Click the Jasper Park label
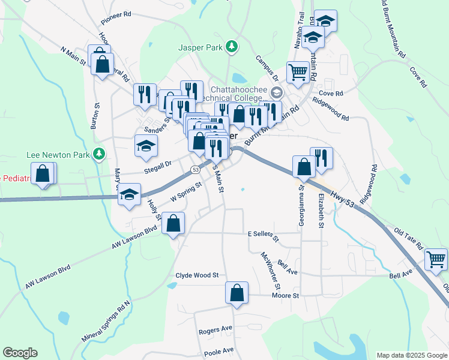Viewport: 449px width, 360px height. (200, 47)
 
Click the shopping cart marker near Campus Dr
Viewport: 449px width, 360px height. (298, 73)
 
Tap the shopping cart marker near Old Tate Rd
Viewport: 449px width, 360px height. (436, 260)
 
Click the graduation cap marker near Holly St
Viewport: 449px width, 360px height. (129, 194)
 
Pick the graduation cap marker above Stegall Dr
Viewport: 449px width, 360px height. (146, 146)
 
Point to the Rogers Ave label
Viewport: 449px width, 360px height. (215, 331)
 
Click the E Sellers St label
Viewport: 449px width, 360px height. (264, 235)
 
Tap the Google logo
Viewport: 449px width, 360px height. (20, 353)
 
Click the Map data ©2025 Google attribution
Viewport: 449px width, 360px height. (411, 355)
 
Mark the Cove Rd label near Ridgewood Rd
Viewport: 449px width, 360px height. (330, 94)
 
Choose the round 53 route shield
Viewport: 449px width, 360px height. (196, 170)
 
